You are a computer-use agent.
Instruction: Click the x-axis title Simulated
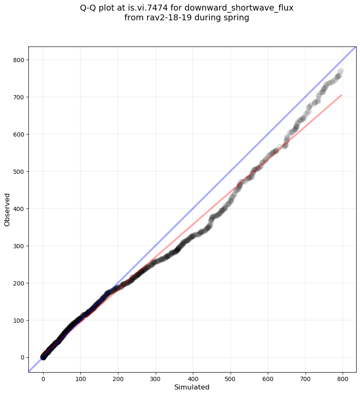pyautogui.click(x=192, y=387)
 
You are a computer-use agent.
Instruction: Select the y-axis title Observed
pyautogui.click(x=7, y=209)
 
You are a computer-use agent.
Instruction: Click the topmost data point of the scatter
pyautogui.click(x=341, y=71)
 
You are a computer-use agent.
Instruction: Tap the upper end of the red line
pyautogui.click(x=341, y=95)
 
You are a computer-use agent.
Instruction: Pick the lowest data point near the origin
pyautogui.click(x=43, y=357)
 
